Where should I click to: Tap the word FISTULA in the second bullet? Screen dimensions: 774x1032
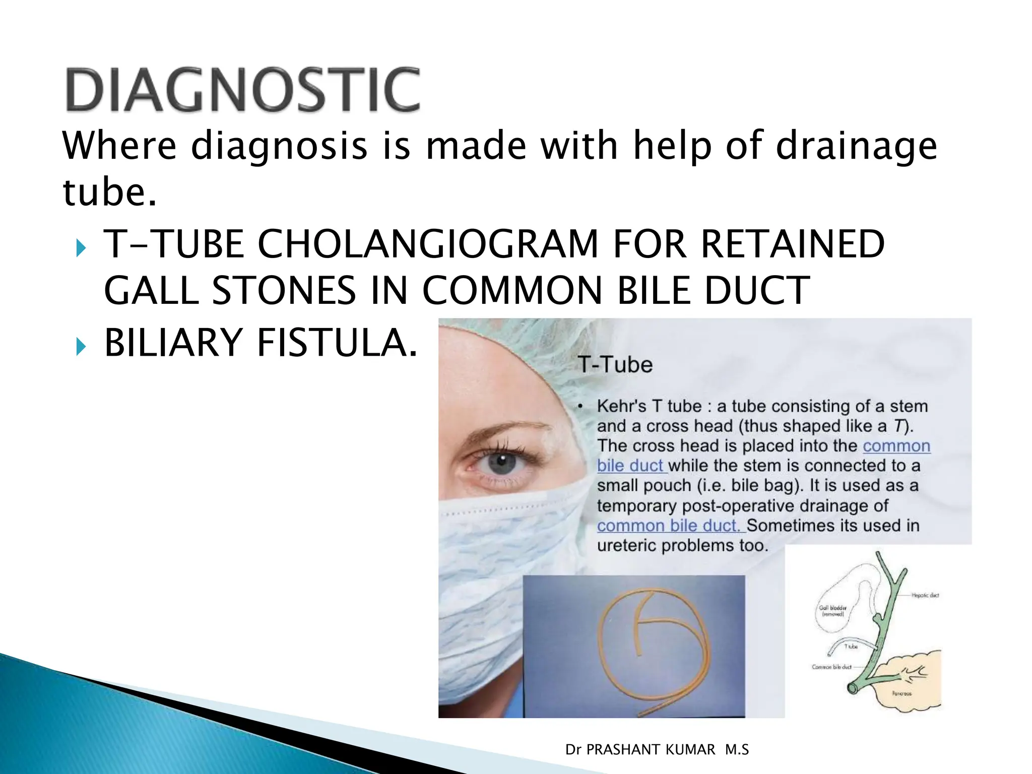pos(337,343)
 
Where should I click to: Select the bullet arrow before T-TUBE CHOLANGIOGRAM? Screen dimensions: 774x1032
pos(81,248)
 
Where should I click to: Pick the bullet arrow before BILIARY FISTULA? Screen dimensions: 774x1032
pos(81,346)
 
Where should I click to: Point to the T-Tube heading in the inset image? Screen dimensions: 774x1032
pos(615,364)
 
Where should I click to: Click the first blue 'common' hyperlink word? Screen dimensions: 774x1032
pos(896,446)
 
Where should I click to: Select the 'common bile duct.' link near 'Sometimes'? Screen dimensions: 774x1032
pos(668,526)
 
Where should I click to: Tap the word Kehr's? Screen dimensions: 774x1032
pos(621,406)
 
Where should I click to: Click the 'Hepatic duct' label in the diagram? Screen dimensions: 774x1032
pos(925,595)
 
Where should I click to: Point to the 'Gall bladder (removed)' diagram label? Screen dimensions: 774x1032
pos(832,611)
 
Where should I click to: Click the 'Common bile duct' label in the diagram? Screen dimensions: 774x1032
pos(831,667)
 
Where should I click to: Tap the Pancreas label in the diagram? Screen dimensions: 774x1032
pos(901,693)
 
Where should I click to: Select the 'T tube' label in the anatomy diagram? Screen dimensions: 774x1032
pos(851,646)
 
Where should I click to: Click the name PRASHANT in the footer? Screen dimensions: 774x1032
pos(651,750)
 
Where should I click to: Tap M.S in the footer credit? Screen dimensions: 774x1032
pos(737,750)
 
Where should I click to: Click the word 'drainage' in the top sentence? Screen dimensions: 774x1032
pos(856,146)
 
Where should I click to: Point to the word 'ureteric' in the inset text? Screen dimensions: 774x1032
pos(626,545)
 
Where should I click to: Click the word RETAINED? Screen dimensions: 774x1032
pos(792,244)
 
